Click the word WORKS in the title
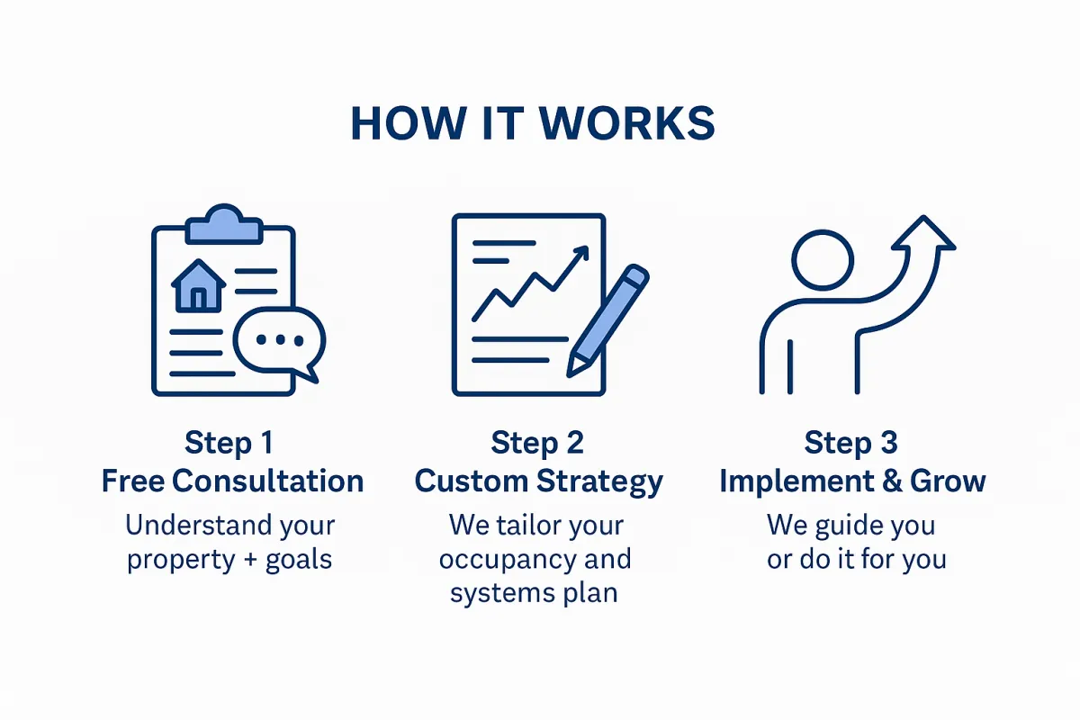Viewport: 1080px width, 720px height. (626, 123)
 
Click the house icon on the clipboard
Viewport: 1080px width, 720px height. (199, 286)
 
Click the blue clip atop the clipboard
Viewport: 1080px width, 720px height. (224, 225)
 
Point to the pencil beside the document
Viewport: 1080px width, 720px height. (607, 320)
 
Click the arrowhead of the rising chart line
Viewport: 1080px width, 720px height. (581, 253)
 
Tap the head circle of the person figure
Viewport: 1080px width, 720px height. (823, 260)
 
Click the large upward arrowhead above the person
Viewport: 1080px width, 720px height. (923, 233)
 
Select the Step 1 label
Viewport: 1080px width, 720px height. (229, 443)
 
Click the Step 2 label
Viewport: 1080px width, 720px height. (537, 443)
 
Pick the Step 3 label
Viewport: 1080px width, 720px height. (851, 443)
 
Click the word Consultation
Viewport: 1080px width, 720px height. (267, 481)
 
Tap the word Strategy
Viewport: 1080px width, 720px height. (599, 482)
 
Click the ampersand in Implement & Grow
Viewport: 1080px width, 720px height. (892, 481)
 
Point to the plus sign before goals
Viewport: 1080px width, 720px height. (250, 561)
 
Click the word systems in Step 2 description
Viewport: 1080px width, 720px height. (502, 594)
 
